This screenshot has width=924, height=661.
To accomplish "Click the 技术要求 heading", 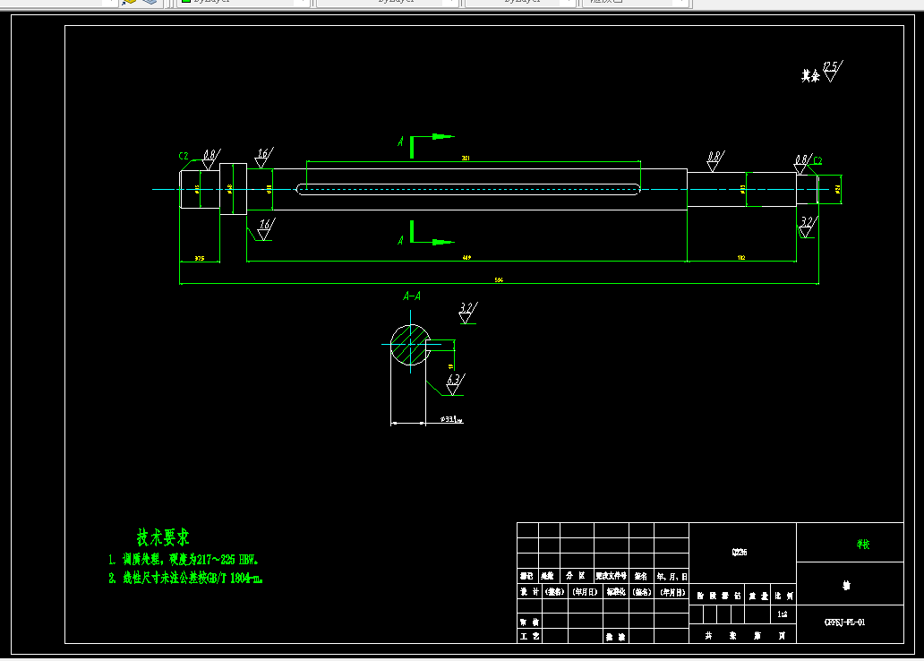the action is tap(163, 537).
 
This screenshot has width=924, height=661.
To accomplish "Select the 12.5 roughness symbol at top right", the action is tap(831, 70).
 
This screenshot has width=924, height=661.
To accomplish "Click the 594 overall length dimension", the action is tap(499, 280).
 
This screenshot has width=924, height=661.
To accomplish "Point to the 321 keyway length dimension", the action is tap(466, 159).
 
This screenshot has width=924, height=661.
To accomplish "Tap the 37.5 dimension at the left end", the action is tap(199, 259).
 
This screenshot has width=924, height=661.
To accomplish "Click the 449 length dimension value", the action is tap(466, 258).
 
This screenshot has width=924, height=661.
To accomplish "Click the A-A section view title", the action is tap(412, 296).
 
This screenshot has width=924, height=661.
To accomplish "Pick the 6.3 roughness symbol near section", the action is tap(453, 382).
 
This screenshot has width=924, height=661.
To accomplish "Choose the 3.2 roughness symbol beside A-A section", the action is tap(466, 311).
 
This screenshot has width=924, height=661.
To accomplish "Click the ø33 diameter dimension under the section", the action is tap(450, 418).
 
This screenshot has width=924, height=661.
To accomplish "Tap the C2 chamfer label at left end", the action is tap(184, 156).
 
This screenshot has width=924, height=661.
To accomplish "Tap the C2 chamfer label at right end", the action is tap(817, 161).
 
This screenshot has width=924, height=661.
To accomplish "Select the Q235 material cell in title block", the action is tap(740, 553).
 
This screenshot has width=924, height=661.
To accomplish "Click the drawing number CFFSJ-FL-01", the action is tap(844, 622).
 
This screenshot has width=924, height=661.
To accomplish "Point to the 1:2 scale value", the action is tap(783, 614).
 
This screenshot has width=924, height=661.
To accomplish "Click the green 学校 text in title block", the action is tap(862, 544).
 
